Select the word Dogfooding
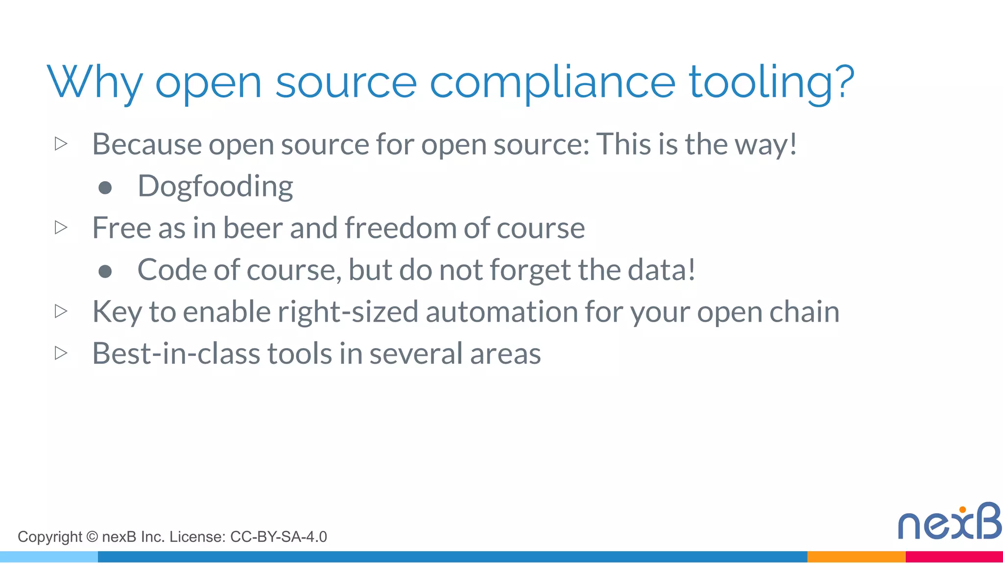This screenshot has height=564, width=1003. pos(215,187)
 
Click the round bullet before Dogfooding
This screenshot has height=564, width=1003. pos(105,188)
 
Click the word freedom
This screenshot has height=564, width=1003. pos(401,228)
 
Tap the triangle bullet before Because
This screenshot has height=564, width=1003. pos(61,144)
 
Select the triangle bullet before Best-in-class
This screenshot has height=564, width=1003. pos(61,353)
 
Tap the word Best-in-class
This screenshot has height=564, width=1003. pos(175,353)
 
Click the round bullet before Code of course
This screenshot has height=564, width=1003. pos(105,271)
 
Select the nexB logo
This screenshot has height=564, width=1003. pos(949,522)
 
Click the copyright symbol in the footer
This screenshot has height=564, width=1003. pos(92,537)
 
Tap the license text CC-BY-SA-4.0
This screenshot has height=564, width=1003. pos(278,537)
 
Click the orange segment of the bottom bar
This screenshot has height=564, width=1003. pos(856,557)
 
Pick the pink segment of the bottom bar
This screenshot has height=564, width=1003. pos(954,557)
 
